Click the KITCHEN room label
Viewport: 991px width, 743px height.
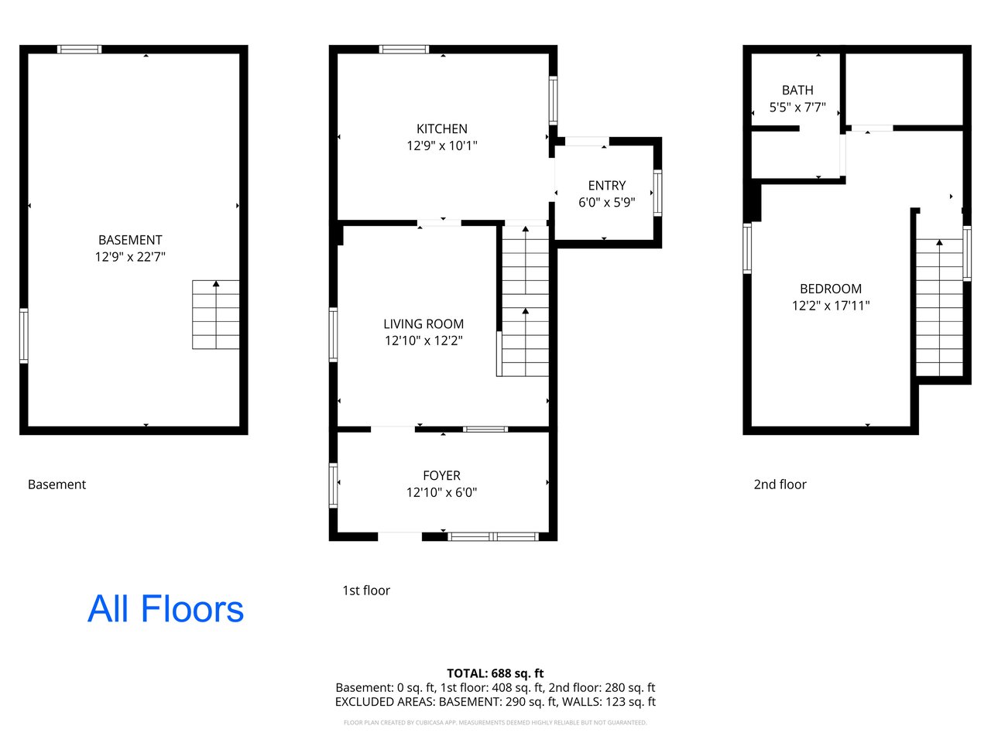(441, 129)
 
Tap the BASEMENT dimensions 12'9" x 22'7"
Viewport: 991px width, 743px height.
(130, 257)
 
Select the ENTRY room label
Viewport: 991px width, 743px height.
(606, 186)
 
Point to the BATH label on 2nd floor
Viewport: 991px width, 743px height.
(797, 91)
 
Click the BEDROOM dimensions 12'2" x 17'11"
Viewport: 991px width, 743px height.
(830, 306)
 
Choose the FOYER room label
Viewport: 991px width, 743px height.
(441, 475)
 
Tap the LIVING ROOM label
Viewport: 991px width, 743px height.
(423, 324)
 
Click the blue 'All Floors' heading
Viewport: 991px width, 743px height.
(165, 609)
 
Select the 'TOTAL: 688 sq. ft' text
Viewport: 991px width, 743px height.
(495, 673)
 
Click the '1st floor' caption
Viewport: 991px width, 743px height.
(365, 591)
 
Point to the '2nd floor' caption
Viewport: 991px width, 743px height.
(780, 484)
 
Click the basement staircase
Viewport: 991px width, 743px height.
(216, 314)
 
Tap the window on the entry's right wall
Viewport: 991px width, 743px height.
(657, 193)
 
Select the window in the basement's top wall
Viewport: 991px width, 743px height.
(80, 50)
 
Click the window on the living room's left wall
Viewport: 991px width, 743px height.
(333, 334)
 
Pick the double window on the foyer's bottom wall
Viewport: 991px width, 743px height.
(493, 536)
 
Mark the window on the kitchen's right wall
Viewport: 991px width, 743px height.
(553, 101)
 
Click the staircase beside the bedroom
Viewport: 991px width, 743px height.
(939, 307)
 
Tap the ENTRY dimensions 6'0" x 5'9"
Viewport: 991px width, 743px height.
(606, 202)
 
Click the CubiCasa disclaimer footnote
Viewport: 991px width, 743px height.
(495, 723)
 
